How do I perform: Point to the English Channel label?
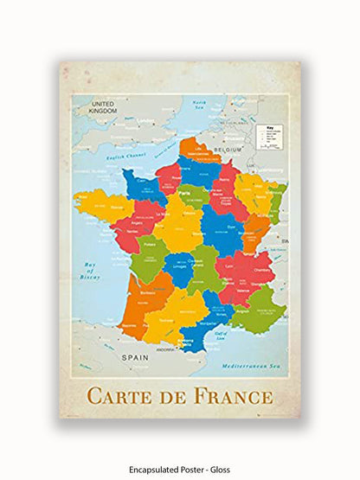(120, 157)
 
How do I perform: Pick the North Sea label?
(201, 106)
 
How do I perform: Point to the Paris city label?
(183, 195)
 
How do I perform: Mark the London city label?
(145, 120)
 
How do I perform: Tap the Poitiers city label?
(150, 245)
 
